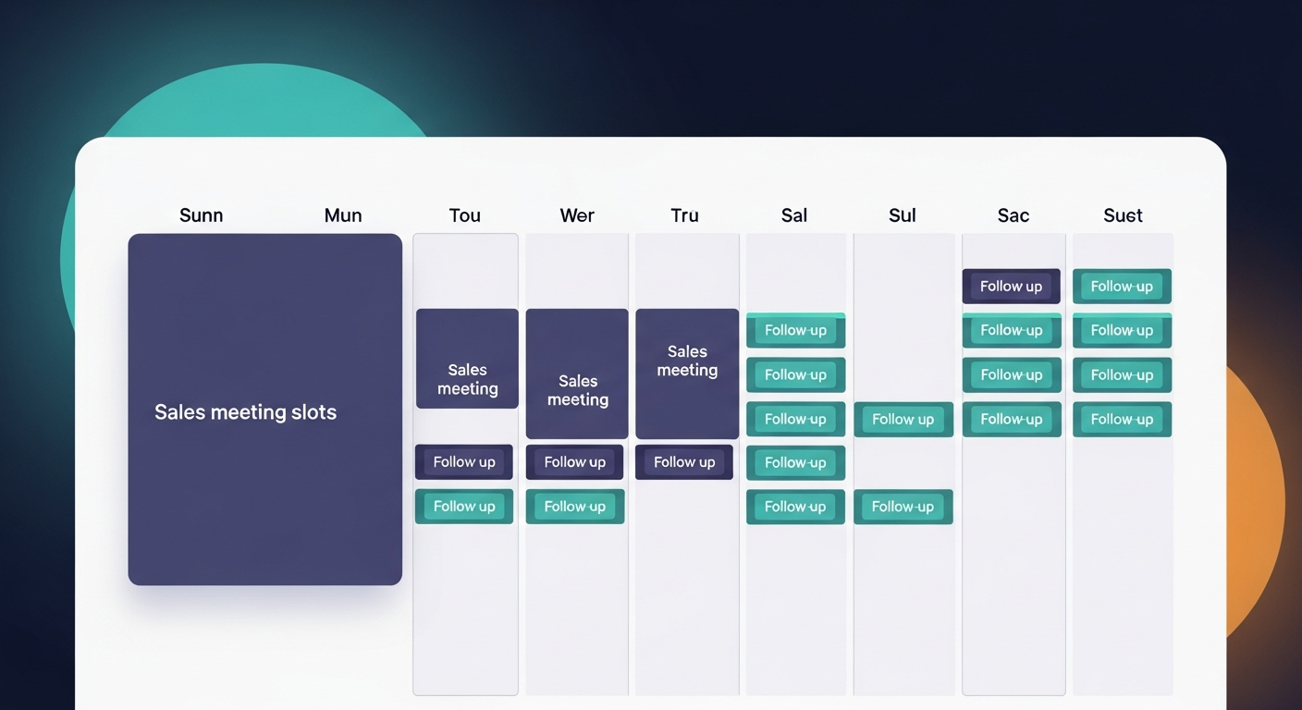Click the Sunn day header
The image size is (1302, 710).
pos(201,215)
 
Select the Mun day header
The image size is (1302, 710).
pos(342,215)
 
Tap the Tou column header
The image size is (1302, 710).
pos(464,215)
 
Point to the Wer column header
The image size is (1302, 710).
pos(577,215)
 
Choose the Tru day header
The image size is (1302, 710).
pos(684,215)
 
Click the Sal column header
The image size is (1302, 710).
pos(793,215)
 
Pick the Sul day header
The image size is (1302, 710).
pos(902,215)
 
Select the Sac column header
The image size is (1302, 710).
pos(1013,215)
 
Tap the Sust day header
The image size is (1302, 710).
pos(1123,215)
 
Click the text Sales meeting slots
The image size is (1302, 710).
pos(245,412)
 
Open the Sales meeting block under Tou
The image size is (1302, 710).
pos(467,360)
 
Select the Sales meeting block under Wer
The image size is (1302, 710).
pos(577,374)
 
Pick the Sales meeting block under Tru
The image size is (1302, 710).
pos(687,373)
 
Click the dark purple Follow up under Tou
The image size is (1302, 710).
pos(464,462)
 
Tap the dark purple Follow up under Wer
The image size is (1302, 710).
pos(574,462)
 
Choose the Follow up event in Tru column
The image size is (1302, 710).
pos(684,462)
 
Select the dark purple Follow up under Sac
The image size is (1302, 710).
pos(1011,287)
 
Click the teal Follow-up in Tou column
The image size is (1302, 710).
pos(464,507)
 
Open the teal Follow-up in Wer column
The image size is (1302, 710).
pos(574,507)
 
